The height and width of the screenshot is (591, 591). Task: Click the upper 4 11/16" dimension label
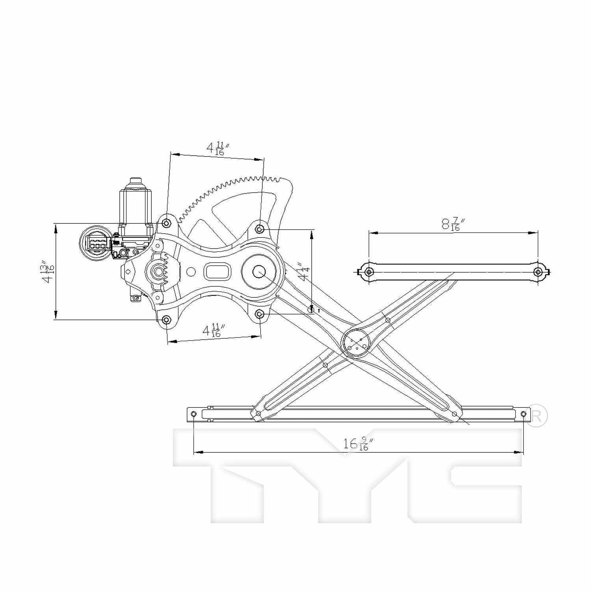(x=217, y=149)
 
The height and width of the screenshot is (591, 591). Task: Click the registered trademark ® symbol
(x=537, y=415)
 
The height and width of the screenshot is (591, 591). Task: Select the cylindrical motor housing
(x=136, y=211)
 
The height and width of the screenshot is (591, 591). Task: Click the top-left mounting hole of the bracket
(x=167, y=223)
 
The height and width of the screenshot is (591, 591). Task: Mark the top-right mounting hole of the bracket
(x=260, y=229)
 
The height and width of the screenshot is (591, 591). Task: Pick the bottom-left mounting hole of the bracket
(x=167, y=320)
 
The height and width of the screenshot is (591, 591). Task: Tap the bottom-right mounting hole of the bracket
(x=260, y=314)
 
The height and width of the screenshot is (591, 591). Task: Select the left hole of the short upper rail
(x=369, y=272)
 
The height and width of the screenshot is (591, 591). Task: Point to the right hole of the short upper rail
(x=538, y=272)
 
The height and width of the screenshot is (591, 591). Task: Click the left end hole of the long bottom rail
(x=193, y=414)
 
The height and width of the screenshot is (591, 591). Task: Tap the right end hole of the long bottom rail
(x=523, y=414)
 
